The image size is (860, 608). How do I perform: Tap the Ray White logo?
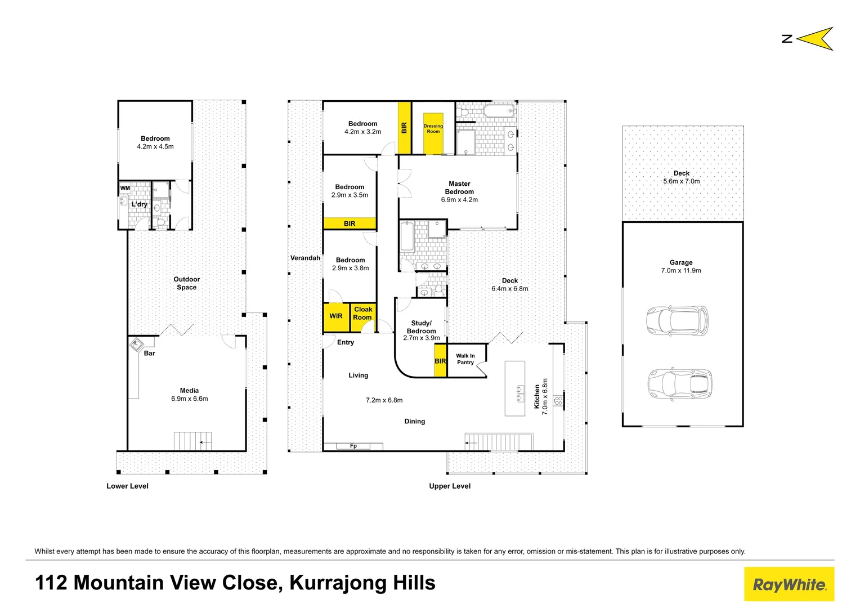[x=789, y=584]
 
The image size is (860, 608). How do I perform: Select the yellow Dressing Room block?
[x=433, y=128]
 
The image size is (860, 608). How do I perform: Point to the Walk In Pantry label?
[x=465, y=359]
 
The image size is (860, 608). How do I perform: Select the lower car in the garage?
[x=679, y=383]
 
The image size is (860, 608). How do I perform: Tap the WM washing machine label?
[x=125, y=188]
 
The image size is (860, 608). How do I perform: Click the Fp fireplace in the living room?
[x=353, y=446]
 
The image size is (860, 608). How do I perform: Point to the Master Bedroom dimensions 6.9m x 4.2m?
[x=459, y=200]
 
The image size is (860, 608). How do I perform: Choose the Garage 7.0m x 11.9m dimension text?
[x=681, y=271]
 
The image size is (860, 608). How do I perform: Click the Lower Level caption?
[x=128, y=486]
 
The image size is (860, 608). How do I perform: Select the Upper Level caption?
[x=450, y=486]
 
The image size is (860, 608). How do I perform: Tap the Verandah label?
[x=305, y=258]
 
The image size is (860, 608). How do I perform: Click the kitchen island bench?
[x=514, y=388]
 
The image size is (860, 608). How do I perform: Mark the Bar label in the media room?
[x=149, y=354]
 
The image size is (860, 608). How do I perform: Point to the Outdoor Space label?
[x=187, y=283]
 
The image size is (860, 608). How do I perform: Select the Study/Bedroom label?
[x=422, y=327]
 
